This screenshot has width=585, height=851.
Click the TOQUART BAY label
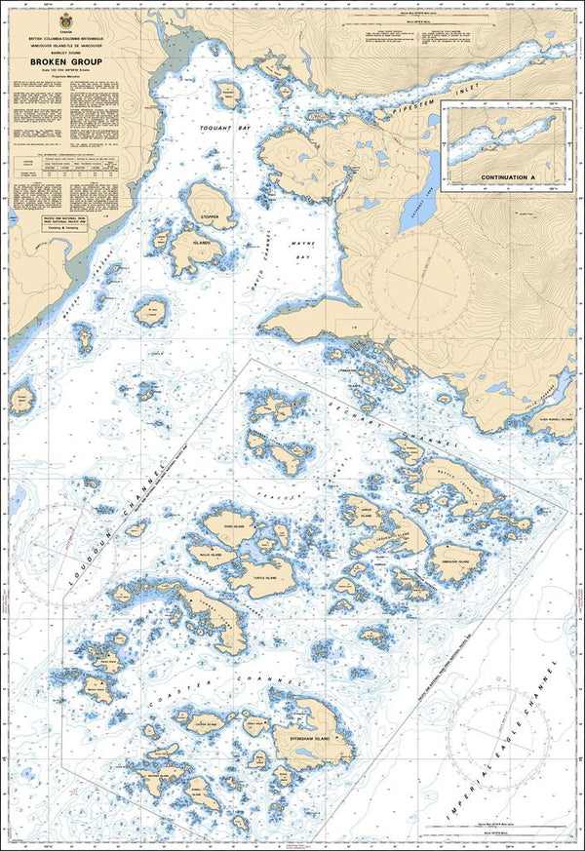pos(206,128)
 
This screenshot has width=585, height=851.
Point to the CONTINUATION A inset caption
pos(509,178)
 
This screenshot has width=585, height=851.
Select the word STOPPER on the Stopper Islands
pos(208,216)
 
